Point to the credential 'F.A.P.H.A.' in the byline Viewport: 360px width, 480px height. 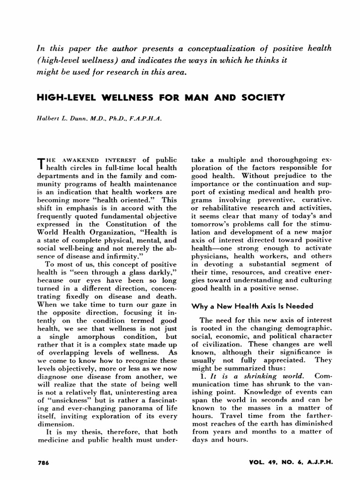click(x=146, y=120)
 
